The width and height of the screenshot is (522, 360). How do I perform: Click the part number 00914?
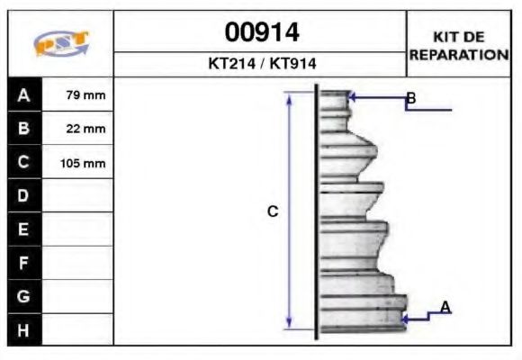(x=261, y=32)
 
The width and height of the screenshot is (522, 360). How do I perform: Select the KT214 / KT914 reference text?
(x=261, y=65)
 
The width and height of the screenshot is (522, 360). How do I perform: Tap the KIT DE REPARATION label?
(x=459, y=45)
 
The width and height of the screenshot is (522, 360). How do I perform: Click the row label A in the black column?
(x=23, y=94)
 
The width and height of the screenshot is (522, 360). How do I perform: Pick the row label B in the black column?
(x=23, y=128)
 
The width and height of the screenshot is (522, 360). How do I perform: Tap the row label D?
(x=23, y=195)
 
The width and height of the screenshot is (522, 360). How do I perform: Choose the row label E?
(x=23, y=229)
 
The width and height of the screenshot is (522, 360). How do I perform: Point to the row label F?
(x=23, y=263)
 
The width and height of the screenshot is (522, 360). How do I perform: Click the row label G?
(x=23, y=296)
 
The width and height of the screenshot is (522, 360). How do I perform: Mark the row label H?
(x=23, y=329)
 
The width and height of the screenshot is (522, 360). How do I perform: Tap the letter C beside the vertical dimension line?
(x=273, y=212)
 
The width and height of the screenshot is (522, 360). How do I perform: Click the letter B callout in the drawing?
(x=410, y=97)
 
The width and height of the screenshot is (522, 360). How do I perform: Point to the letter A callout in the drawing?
(x=445, y=308)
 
